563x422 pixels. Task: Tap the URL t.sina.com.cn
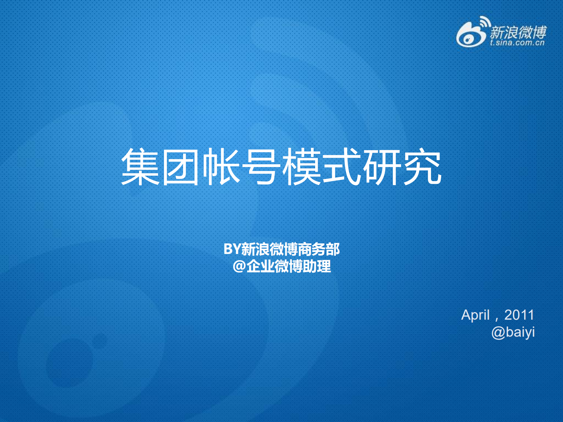pyautogui.click(x=517, y=43)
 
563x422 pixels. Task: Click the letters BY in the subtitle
pyautogui.click(x=232, y=249)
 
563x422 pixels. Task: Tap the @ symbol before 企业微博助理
pyautogui.click(x=239, y=267)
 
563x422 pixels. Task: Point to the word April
pyautogui.click(x=475, y=315)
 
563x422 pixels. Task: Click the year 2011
pyautogui.click(x=519, y=315)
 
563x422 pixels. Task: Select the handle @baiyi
pyautogui.click(x=513, y=332)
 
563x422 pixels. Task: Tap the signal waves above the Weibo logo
pyautogui.click(x=485, y=22)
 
